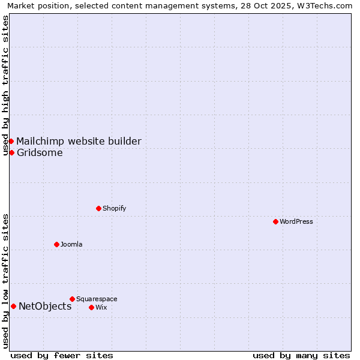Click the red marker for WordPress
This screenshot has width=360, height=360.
[275, 221]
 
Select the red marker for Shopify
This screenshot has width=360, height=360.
[98, 208]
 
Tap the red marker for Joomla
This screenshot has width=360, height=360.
[56, 244]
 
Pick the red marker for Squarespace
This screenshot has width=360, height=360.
[72, 299]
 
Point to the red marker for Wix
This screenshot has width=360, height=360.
[91, 307]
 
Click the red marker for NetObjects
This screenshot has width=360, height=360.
[13, 306]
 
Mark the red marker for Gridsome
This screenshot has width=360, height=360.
[11, 152]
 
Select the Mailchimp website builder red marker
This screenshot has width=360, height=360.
[11, 141]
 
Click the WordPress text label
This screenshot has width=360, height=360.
[296, 221]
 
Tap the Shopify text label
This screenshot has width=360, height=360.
[114, 208]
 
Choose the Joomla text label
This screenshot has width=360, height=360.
[71, 244]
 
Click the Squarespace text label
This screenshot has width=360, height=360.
[97, 299]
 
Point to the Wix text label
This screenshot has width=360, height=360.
[101, 307]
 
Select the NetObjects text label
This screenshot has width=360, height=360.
[45, 306]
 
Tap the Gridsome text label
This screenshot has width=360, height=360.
[40, 152]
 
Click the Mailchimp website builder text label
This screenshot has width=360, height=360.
[79, 141]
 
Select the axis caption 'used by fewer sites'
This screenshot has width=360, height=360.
[62, 355]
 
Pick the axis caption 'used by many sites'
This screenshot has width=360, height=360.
[301, 355]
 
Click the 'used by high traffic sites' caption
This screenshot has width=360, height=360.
[5, 85]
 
